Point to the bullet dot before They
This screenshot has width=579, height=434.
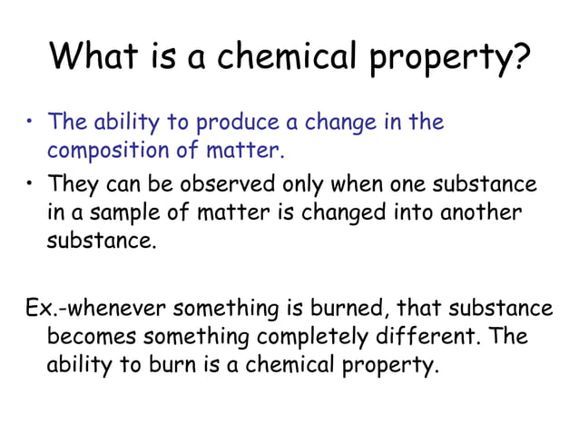pyautogui.click(x=29, y=185)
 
